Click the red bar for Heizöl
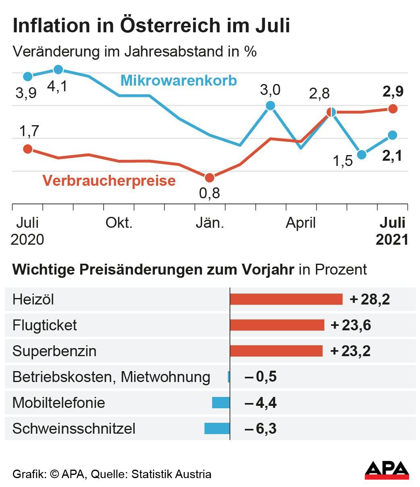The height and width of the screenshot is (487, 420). [286, 299]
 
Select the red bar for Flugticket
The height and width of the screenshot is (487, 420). [277, 325]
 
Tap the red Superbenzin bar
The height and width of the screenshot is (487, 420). [276, 351]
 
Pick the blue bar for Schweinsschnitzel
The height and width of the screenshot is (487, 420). [217, 428]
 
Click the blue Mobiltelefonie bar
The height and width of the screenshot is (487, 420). [221, 403]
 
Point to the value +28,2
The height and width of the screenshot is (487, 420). [370, 300]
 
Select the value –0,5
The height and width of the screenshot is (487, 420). [261, 377]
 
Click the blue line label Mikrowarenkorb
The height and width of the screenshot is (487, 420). [178, 80]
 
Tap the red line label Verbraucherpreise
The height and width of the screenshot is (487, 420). [109, 181]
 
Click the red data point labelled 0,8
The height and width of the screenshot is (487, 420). [209, 178]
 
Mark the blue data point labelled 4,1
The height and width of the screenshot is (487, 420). [58, 69]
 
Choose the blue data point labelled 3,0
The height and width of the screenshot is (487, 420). [270, 106]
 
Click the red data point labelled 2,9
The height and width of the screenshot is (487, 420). [393, 109]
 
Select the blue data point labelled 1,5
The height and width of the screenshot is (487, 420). [361, 155]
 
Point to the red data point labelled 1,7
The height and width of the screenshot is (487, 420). [27, 149]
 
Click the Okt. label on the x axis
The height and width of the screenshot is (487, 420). [119, 223]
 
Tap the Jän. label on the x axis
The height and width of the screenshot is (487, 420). [210, 223]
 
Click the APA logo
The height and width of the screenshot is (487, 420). [387, 470]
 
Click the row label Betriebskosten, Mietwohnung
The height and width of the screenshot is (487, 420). [111, 377]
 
